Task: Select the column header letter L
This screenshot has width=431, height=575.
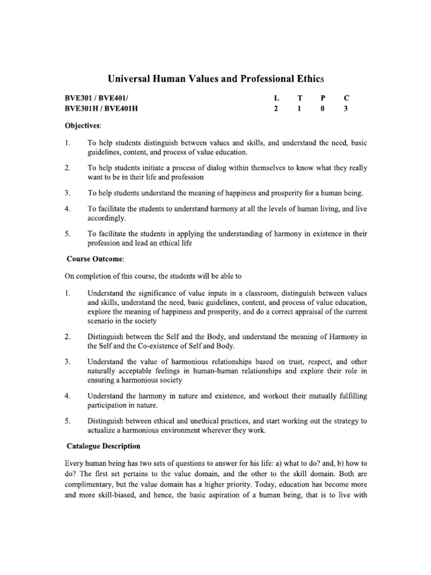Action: (276, 98)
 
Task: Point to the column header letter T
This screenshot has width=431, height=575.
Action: (300, 98)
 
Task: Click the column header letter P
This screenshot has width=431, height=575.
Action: (323, 98)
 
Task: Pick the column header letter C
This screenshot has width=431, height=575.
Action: (346, 98)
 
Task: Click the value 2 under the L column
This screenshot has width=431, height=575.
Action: (276, 109)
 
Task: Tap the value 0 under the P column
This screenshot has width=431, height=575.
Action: (323, 109)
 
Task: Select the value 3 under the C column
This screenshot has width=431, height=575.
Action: (346, 109)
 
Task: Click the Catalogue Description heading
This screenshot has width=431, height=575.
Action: (103, 446)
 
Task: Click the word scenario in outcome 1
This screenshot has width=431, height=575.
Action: (101, 321)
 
